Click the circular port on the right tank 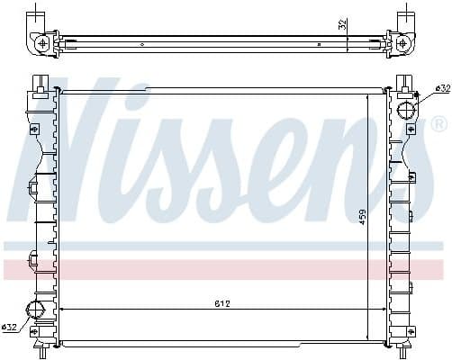click(406, 112)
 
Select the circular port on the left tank click(38, 310)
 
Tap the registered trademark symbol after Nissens click(438, 122)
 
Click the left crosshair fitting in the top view click(42, 41)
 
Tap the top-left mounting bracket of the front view click(41, 82)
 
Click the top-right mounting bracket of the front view click(403, 82)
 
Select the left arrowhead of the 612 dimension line click(62, 310)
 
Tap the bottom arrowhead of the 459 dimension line click(367, 338)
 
